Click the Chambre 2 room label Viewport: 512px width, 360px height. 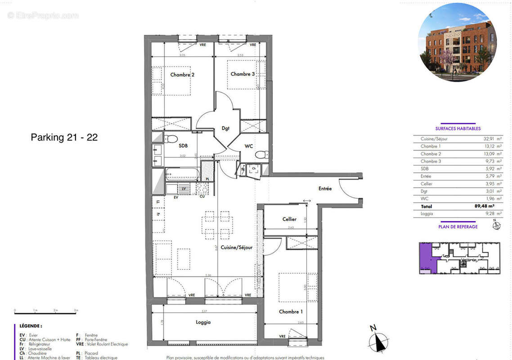182,75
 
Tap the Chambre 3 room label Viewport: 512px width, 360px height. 243,74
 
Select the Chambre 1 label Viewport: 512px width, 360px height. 291,311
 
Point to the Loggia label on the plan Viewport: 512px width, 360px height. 203,322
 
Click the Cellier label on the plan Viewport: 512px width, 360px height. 289,219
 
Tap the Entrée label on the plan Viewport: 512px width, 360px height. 324,189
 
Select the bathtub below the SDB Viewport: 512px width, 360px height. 182,173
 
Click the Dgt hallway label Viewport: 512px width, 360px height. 225,128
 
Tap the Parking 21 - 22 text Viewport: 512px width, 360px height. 64,138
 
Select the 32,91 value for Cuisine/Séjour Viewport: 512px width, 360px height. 490,139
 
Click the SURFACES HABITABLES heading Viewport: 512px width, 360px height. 458,128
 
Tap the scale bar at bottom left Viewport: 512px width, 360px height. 45,311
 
